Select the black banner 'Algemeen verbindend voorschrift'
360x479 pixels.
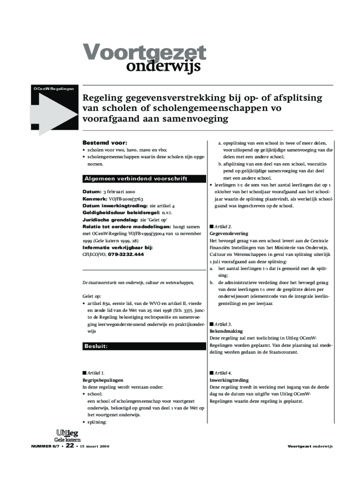pos(136,179)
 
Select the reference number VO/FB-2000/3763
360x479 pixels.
pos(122,199)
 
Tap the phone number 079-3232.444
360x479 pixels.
pos(126,254)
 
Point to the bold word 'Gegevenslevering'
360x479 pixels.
pos(229,233)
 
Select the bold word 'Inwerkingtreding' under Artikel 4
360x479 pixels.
pos(229,380)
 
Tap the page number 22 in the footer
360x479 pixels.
pos(70,446)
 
